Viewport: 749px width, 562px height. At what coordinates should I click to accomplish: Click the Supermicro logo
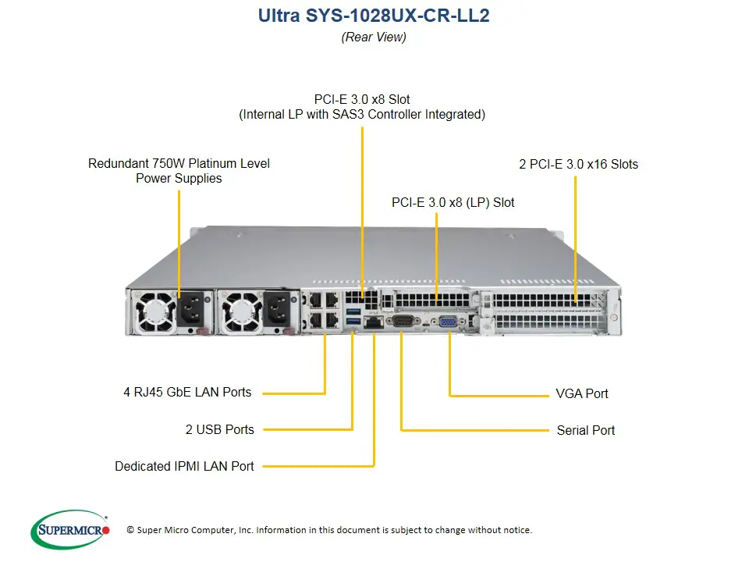pos(70,530)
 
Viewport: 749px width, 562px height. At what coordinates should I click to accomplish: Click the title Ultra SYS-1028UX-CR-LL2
pos(374,16)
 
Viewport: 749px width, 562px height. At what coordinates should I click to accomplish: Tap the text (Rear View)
pos(374,37)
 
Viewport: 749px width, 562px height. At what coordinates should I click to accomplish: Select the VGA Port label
pos(582,393)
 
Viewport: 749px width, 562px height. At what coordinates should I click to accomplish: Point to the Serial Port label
pos(585,430)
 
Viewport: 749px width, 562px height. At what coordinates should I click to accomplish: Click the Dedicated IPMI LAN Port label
pos(184,466)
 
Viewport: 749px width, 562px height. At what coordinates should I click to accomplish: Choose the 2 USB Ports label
pos(220,429)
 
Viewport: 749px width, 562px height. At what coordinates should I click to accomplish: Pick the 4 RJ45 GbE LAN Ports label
pos(187,392)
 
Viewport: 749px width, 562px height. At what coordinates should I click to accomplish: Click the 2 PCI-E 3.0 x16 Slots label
pos(578,164)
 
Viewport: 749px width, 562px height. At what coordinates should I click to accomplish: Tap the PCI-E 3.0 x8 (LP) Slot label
pos(453,202)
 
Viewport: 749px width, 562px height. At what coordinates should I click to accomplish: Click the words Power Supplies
pos(179,179)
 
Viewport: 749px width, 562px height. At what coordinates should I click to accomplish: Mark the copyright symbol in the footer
pos(130,530)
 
